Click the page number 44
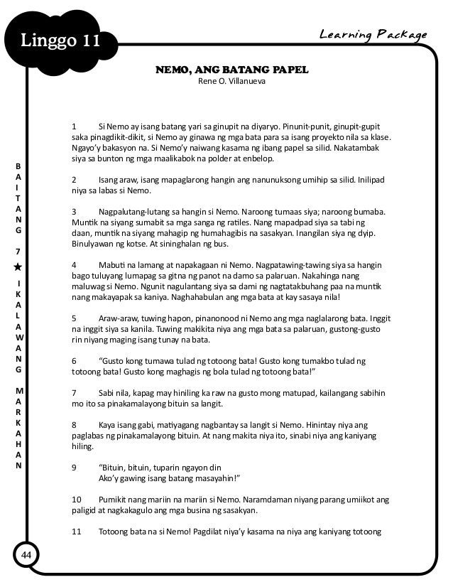click(28, 554)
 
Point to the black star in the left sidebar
click(19, 266)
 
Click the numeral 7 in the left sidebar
click(19, 252)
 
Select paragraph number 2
click(75, 180)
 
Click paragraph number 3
click(75, 212)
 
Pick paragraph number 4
click(75, 264)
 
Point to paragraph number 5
click(75, 318)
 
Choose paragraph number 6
click(75, 360)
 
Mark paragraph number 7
click(75, 392)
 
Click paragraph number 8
click(75, 424)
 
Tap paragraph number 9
click(75, 467)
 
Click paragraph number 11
click(77, 532)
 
